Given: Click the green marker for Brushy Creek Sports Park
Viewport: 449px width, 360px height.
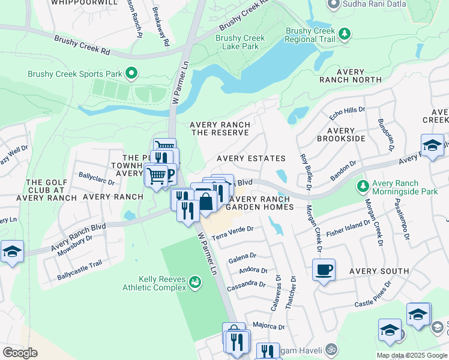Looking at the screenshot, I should point(131,74).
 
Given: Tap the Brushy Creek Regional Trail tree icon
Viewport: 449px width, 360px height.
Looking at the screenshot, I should point(344,34).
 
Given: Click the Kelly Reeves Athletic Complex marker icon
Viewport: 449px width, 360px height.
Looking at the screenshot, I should point(195,281).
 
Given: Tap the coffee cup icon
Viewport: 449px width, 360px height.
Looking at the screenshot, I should point(324,270).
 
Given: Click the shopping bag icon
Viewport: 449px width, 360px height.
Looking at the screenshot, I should point(206,202).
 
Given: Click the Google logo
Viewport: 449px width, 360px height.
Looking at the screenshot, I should point(20,353).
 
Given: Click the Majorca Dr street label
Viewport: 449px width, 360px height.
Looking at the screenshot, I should point(268,326).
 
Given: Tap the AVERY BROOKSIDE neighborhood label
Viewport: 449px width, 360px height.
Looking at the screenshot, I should point(346,134).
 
